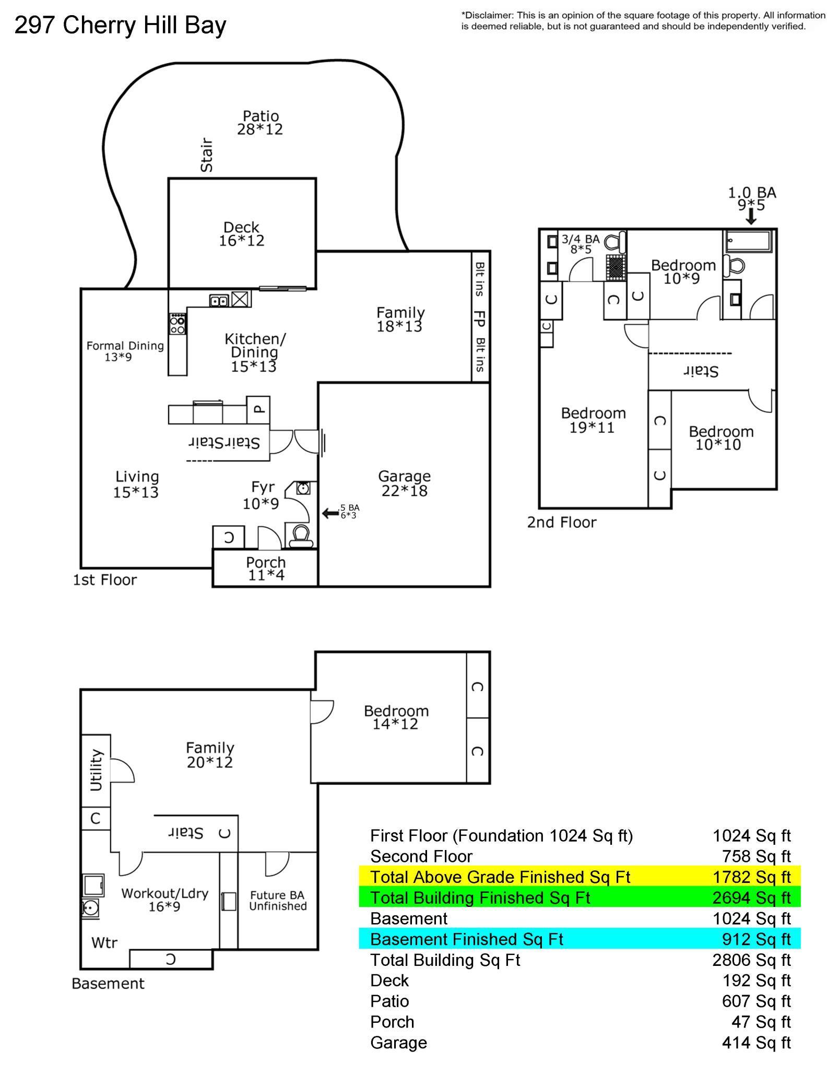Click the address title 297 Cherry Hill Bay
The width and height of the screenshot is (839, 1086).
click(120, 25)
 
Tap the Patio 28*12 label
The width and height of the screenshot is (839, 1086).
click(260, 123)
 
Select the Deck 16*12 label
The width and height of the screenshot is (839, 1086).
click(241, 234)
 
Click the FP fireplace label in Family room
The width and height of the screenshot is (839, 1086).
click(479, 318)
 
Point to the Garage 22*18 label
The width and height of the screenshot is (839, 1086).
click(404, 483)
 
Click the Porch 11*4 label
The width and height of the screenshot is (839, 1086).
click(266, 569)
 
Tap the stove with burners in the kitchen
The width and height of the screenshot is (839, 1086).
click(178, 324)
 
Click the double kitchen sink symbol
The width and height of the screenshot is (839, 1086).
click(219, 301)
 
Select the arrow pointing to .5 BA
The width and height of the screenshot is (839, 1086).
click(330, 513)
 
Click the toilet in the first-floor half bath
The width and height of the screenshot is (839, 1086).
click(301, 536)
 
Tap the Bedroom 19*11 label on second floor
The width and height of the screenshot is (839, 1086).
click(593, 420)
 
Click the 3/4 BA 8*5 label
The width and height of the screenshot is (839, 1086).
click(580, 244)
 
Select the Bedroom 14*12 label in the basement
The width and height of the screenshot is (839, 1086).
click(396, 717)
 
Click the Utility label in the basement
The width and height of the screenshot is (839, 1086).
click(96, 770)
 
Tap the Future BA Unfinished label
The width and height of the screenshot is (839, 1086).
click(277, 901)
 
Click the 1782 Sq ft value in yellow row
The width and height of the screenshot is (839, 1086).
click(751, 877)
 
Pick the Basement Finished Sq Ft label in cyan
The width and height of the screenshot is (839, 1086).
click(466, 939)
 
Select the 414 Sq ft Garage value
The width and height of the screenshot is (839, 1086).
click(756, 1043)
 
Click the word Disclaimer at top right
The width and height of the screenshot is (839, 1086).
click(486, 16)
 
